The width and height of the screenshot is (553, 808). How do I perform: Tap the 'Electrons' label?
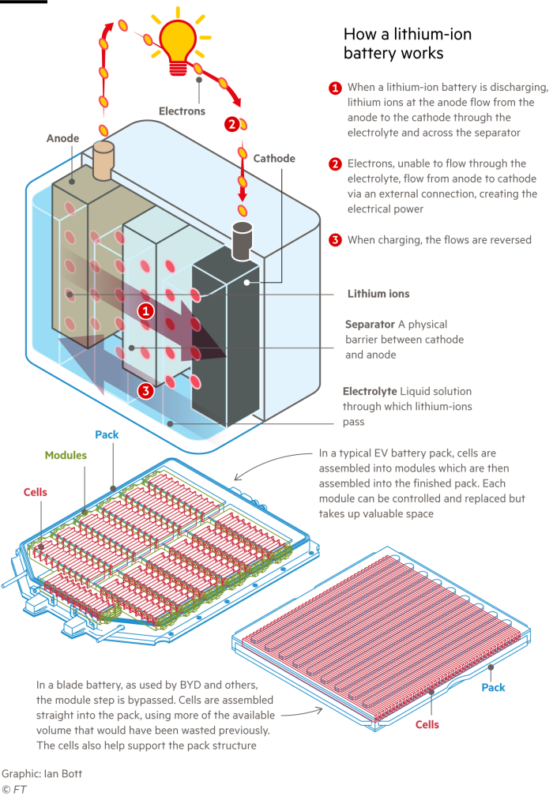point(182,111)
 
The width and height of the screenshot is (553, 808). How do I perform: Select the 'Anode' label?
point(62,138)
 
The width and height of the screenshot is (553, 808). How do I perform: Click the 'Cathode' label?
point(274,159)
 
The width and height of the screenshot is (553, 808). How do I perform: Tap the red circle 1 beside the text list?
point(335,88)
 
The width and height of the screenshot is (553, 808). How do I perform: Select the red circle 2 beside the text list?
point(335,164)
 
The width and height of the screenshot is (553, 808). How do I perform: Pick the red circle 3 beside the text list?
point(335,240)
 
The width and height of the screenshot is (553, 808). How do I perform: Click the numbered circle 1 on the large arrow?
point(145,311)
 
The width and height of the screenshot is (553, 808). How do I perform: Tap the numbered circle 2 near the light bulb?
point(231,124)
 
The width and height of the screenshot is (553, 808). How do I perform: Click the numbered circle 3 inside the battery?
point(145,390)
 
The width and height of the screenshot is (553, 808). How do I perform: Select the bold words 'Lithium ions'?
point(378,294)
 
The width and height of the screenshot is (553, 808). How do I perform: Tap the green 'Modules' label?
point(66,456)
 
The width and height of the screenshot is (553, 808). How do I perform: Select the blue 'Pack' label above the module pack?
point(107,435)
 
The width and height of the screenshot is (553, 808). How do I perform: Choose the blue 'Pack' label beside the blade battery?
point(494,688)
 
